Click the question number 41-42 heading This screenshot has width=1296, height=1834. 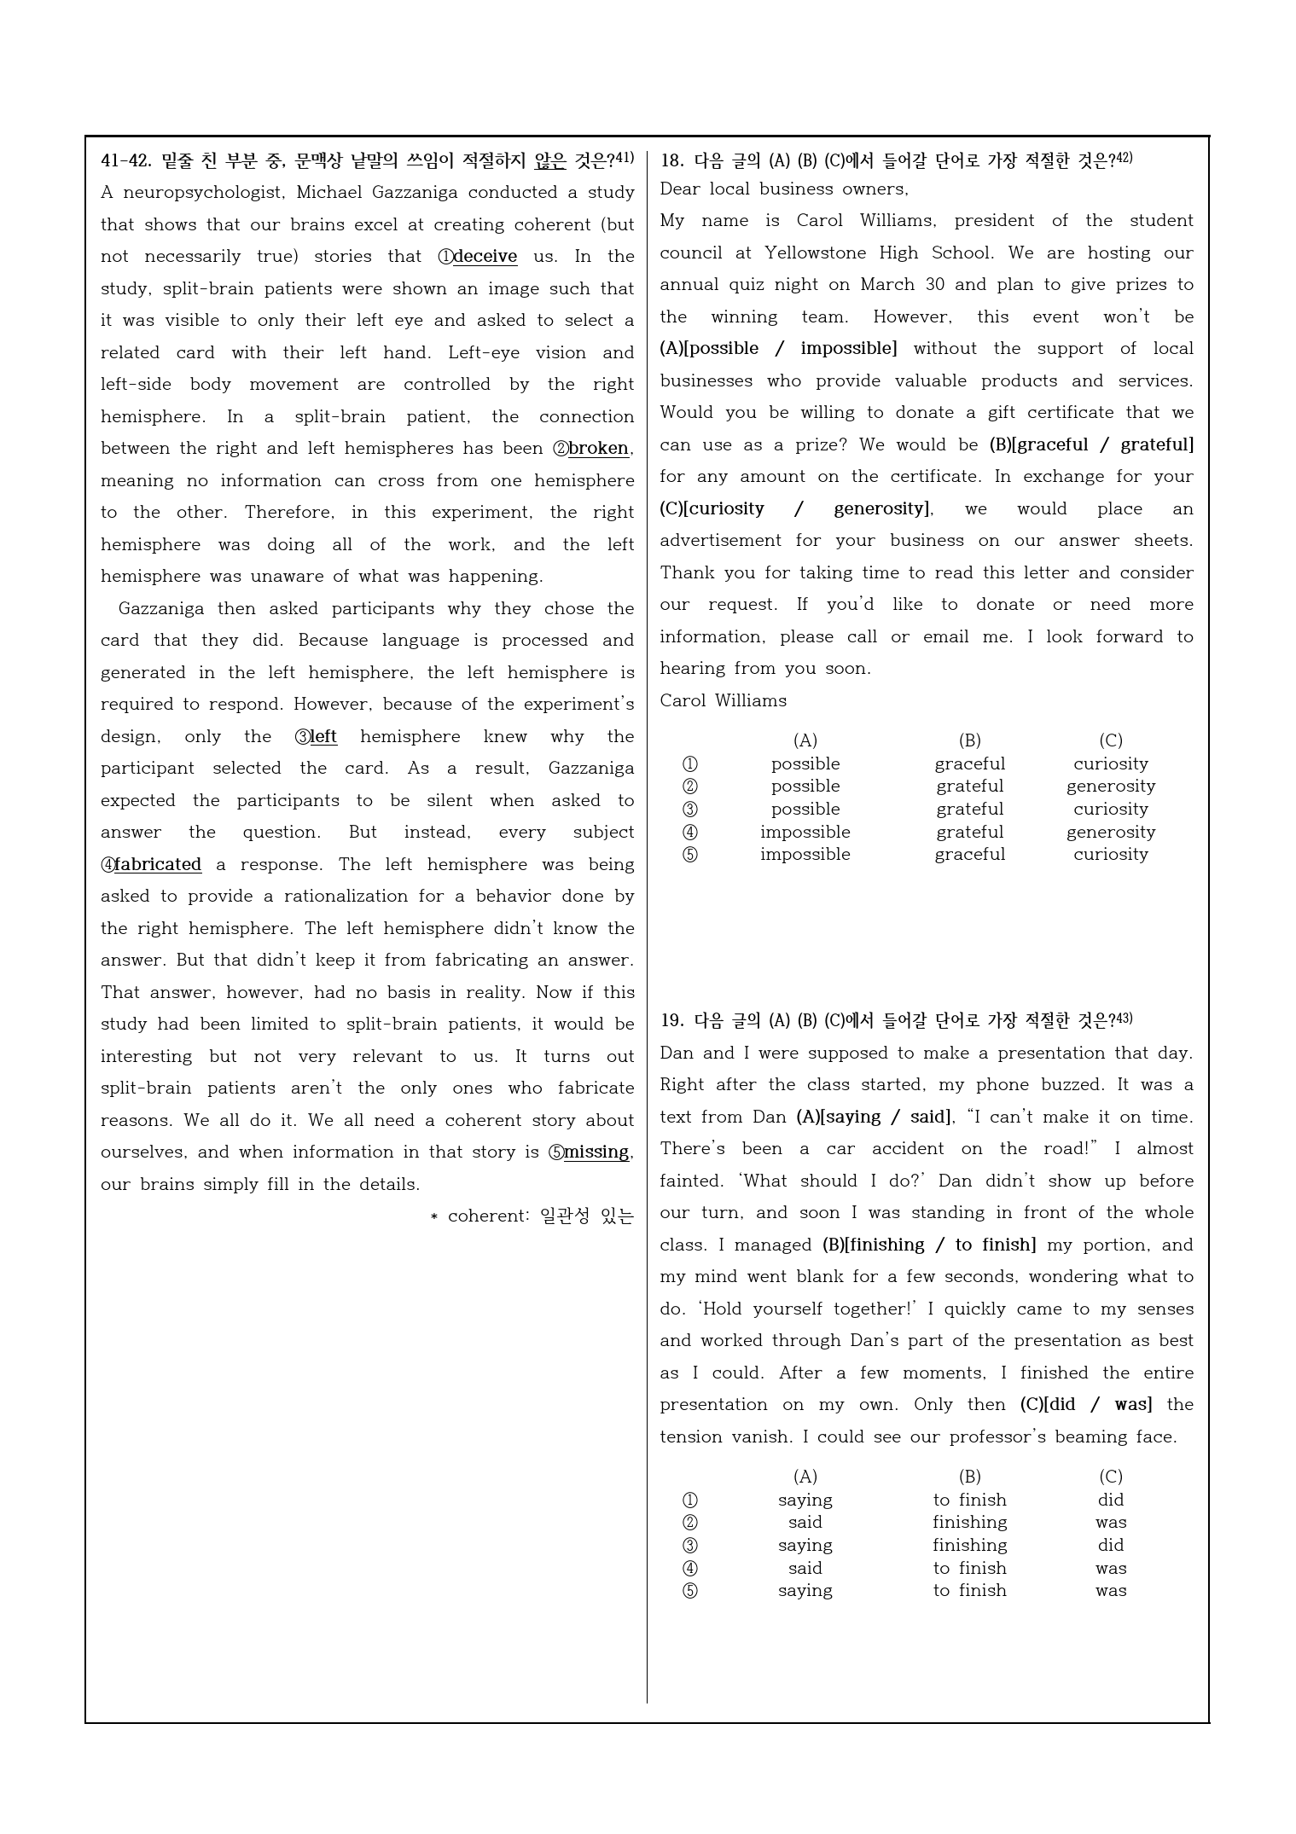click(126, 160)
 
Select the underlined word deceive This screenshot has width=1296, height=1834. click(485, 257)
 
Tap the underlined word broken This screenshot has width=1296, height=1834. click(598, 449)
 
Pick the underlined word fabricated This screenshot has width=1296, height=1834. click(158, 865)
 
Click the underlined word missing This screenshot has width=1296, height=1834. click(596, 1152)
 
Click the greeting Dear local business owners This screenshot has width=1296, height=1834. click(784, 189)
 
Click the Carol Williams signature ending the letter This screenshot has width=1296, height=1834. click(723, 701)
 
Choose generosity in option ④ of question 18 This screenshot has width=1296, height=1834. click(1110, 832)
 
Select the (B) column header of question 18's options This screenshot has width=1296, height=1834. click(969, 740)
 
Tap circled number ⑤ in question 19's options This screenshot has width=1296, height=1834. click(689, 1590)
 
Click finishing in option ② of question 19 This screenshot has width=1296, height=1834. click(969, 1522)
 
